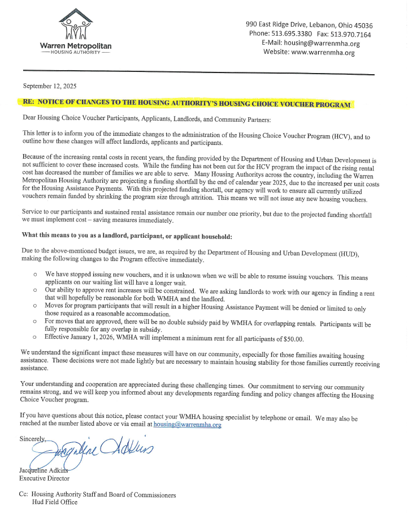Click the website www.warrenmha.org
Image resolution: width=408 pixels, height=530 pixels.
point(323,53)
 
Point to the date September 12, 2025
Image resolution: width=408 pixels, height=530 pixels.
point(50,86)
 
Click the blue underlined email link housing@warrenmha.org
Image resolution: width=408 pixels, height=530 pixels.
point(179,424)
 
